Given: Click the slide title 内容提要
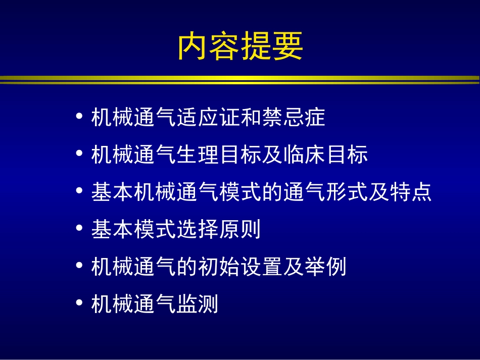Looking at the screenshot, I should pos(240,46).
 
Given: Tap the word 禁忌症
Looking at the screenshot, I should pos(293,118).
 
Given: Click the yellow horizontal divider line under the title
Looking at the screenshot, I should pos(240,79).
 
